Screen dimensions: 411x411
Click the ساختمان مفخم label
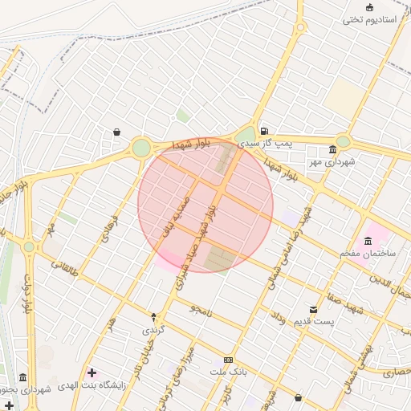368,254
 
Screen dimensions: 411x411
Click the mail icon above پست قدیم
313,309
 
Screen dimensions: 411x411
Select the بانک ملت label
230,372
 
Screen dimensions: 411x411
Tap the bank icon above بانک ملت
230,360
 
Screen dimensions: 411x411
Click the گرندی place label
153,329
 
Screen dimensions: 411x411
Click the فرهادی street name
110,229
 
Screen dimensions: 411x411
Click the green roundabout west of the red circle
141,148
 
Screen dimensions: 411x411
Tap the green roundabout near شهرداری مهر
343,141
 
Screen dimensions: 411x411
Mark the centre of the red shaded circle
205,205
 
